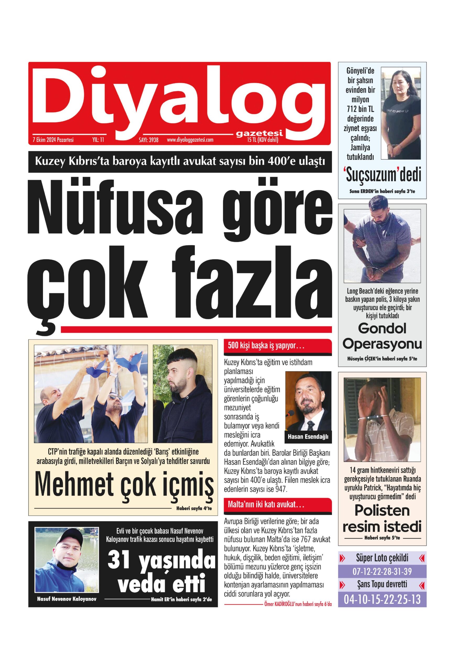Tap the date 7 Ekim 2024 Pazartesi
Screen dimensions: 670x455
(53, 140)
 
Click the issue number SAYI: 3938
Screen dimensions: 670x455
(149, 140)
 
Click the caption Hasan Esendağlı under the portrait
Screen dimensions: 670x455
(308, 437)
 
